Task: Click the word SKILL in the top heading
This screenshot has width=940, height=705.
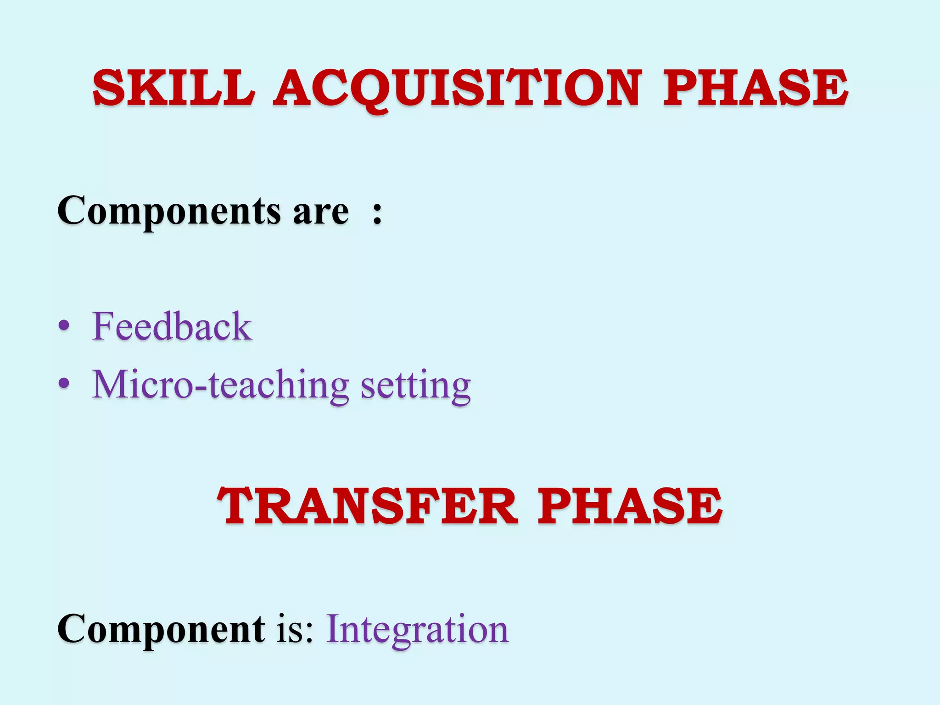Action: point(173,88)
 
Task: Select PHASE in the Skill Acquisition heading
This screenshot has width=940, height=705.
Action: point(755,88)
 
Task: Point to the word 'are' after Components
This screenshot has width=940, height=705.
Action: point(321,212)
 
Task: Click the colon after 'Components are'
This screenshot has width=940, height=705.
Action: point(377,213)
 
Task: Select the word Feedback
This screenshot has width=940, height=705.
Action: point(172,326)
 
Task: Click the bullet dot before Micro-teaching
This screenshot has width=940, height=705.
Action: point(64,383)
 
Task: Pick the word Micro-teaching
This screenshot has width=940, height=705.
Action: point(221,385)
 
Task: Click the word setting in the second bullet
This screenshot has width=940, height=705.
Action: point(415,386)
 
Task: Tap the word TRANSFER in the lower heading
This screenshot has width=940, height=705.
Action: point(367,507)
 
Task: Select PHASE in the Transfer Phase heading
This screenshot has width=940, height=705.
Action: point(630,507)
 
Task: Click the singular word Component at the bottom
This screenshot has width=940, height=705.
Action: point(161,629)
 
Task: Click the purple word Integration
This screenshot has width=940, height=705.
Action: point(417,630)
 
